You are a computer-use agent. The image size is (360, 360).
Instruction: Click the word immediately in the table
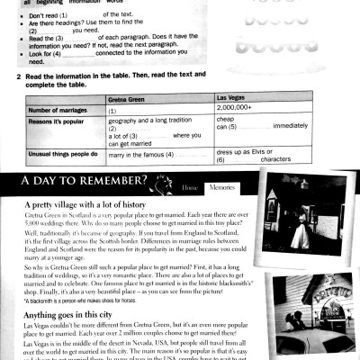tap(278, 127)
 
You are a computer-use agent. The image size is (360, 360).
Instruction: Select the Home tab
tap(189, 186)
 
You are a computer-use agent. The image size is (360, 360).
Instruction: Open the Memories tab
tap(221, 186)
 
